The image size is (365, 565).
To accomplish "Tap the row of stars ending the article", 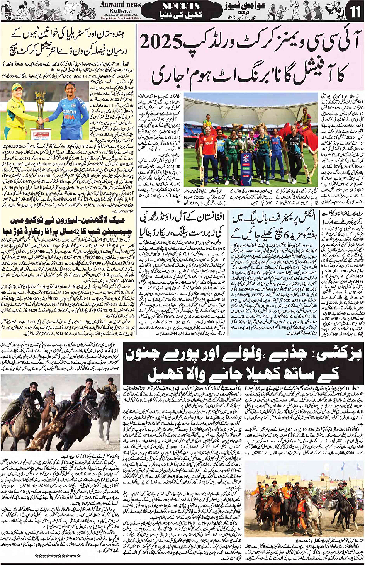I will point(58,555).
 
